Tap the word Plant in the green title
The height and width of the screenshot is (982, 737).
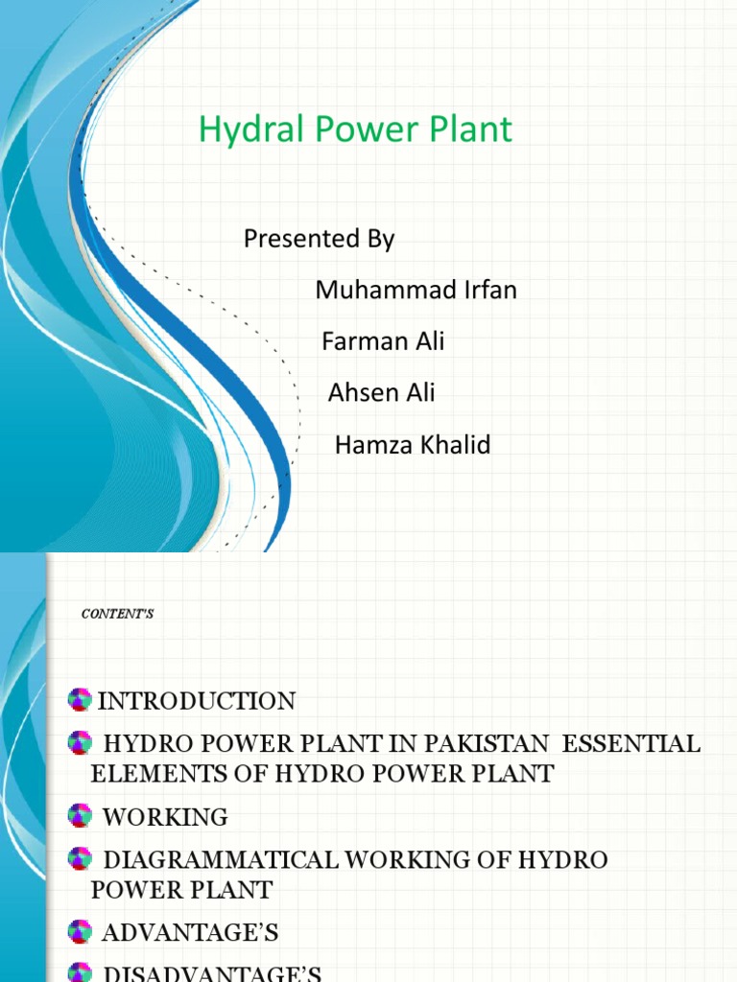click(470, 129)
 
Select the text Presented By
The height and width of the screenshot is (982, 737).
click(319, 239)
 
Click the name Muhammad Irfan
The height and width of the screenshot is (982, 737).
click(416, 290)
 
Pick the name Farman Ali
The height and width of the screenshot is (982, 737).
click(383, 340)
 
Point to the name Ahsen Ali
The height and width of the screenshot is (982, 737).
click(381, 391)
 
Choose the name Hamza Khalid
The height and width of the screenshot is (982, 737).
click(412, 445)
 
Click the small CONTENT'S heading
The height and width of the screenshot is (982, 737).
click(118, 614)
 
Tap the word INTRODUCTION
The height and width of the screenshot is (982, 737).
click(197, 701)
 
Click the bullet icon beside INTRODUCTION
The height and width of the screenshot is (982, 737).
click(80, 700)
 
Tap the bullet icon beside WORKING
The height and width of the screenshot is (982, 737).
click(80, 816)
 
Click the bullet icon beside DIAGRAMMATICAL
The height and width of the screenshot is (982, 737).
click(80, 858)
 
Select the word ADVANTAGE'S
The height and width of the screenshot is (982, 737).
click(190, 931)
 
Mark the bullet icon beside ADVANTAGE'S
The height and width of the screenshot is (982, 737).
click(80, 930)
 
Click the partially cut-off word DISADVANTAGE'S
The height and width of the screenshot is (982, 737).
click(211, 973)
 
